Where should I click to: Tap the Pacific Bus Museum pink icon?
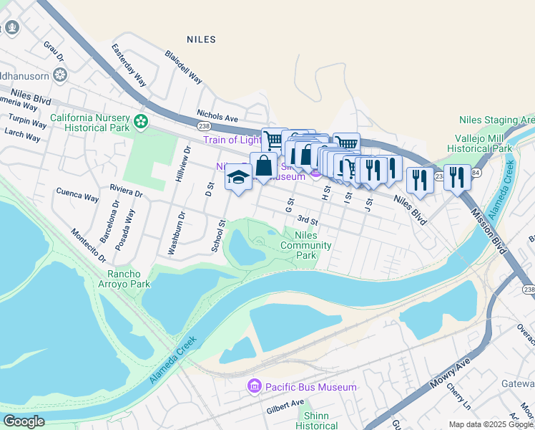[x=254, y=387]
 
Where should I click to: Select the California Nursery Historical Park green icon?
[x=141, y=122]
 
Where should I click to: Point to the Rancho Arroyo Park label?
[x=129, y=279]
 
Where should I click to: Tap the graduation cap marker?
[x=238, y=177]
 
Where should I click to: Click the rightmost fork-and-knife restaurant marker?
[x=457, y=177]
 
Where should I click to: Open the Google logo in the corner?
[x=23, y=421]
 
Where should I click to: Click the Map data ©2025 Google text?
[x=491, y=424]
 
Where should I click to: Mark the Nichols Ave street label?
[x=217, y=116]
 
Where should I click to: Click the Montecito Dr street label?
[x=88, y=245]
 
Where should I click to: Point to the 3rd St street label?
[x=308, y=220]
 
